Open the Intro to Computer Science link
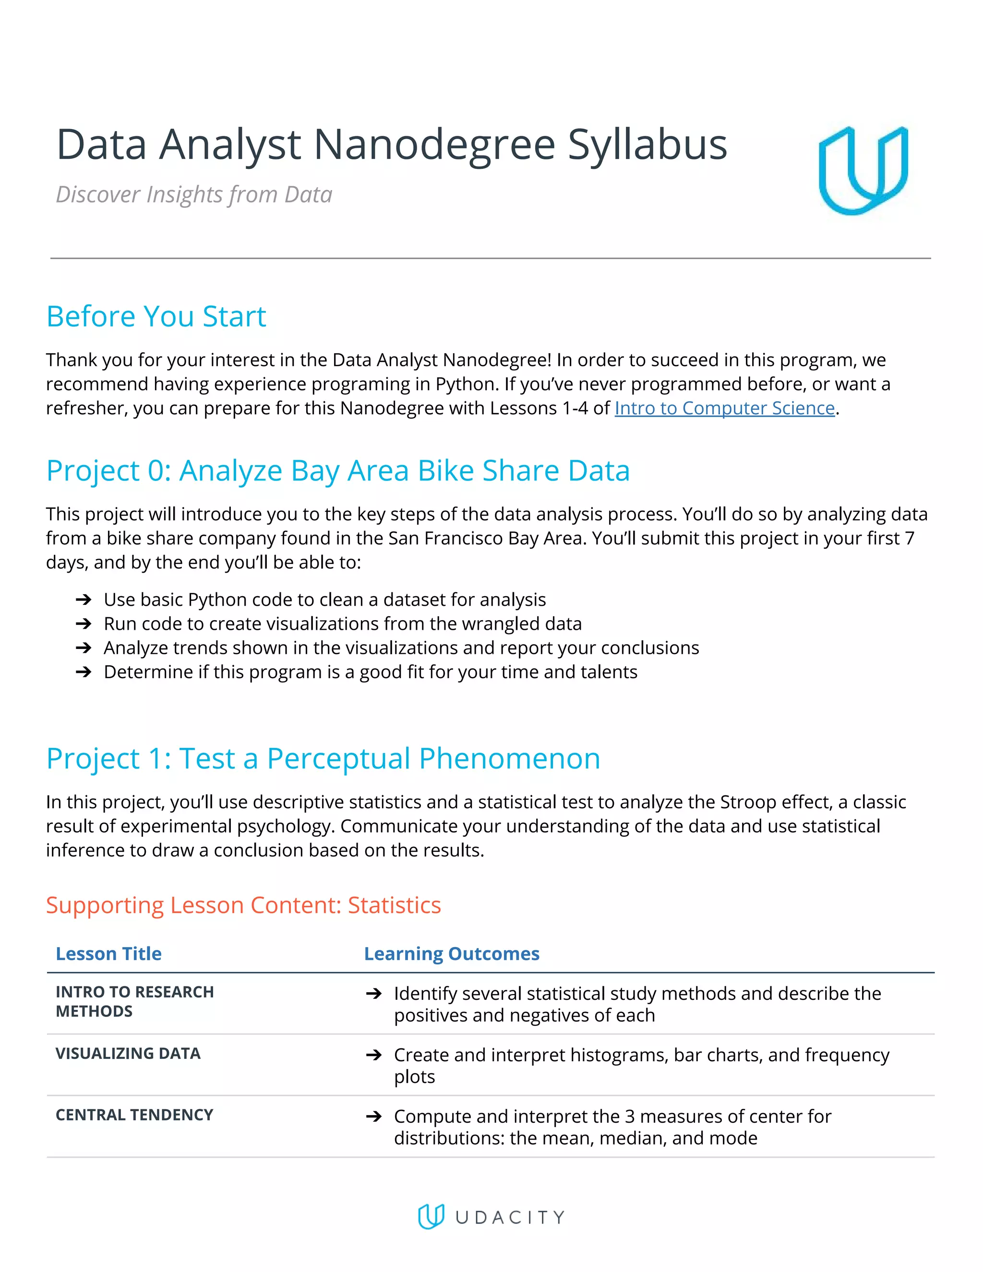724,408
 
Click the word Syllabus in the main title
647,145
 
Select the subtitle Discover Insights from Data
194,194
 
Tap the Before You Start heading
156,317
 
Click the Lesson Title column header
108,953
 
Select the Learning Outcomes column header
451,953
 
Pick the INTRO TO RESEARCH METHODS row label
134,1001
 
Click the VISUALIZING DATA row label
128,1053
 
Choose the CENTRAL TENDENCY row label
134,1115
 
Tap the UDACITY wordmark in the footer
510,1217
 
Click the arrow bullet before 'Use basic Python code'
84,600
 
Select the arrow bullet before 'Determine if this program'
84,672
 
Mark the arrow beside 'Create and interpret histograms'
374,1055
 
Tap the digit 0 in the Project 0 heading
156,470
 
